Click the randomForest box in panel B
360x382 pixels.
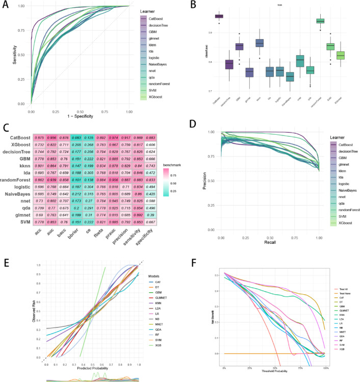[x=320, y=21]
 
